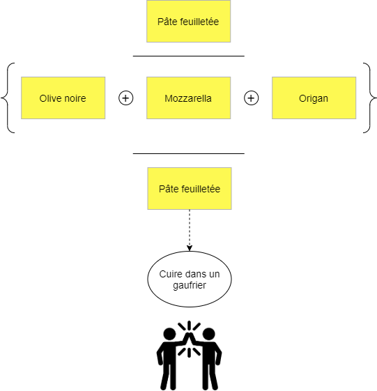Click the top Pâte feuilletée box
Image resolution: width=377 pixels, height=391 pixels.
(188, 21)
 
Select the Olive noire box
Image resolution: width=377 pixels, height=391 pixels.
(63, 98)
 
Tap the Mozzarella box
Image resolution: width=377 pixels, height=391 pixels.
(188, 98)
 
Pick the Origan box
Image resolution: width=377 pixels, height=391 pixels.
(314, 98)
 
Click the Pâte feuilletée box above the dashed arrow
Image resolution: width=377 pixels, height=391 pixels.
(190, 188)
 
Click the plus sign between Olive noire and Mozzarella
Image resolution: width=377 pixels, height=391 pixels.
(125, 98)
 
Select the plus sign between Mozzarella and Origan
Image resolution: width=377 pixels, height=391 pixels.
(251, 98)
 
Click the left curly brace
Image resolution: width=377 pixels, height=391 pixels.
(8, 98)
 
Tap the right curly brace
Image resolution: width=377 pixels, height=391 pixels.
(370, 98)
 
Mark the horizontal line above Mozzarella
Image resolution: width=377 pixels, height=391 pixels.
(188, 56)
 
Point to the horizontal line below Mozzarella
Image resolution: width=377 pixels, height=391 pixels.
(188, 153)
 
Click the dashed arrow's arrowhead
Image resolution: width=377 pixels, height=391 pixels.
(190, 248)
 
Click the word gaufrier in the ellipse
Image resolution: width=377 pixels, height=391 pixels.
(190, 285)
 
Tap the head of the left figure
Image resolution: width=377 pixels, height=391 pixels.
(169, 334)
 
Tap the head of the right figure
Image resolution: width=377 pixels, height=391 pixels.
(208, 334)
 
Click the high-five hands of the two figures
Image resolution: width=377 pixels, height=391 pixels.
(189, 339)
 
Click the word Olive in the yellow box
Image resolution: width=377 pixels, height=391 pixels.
(49, 98)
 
